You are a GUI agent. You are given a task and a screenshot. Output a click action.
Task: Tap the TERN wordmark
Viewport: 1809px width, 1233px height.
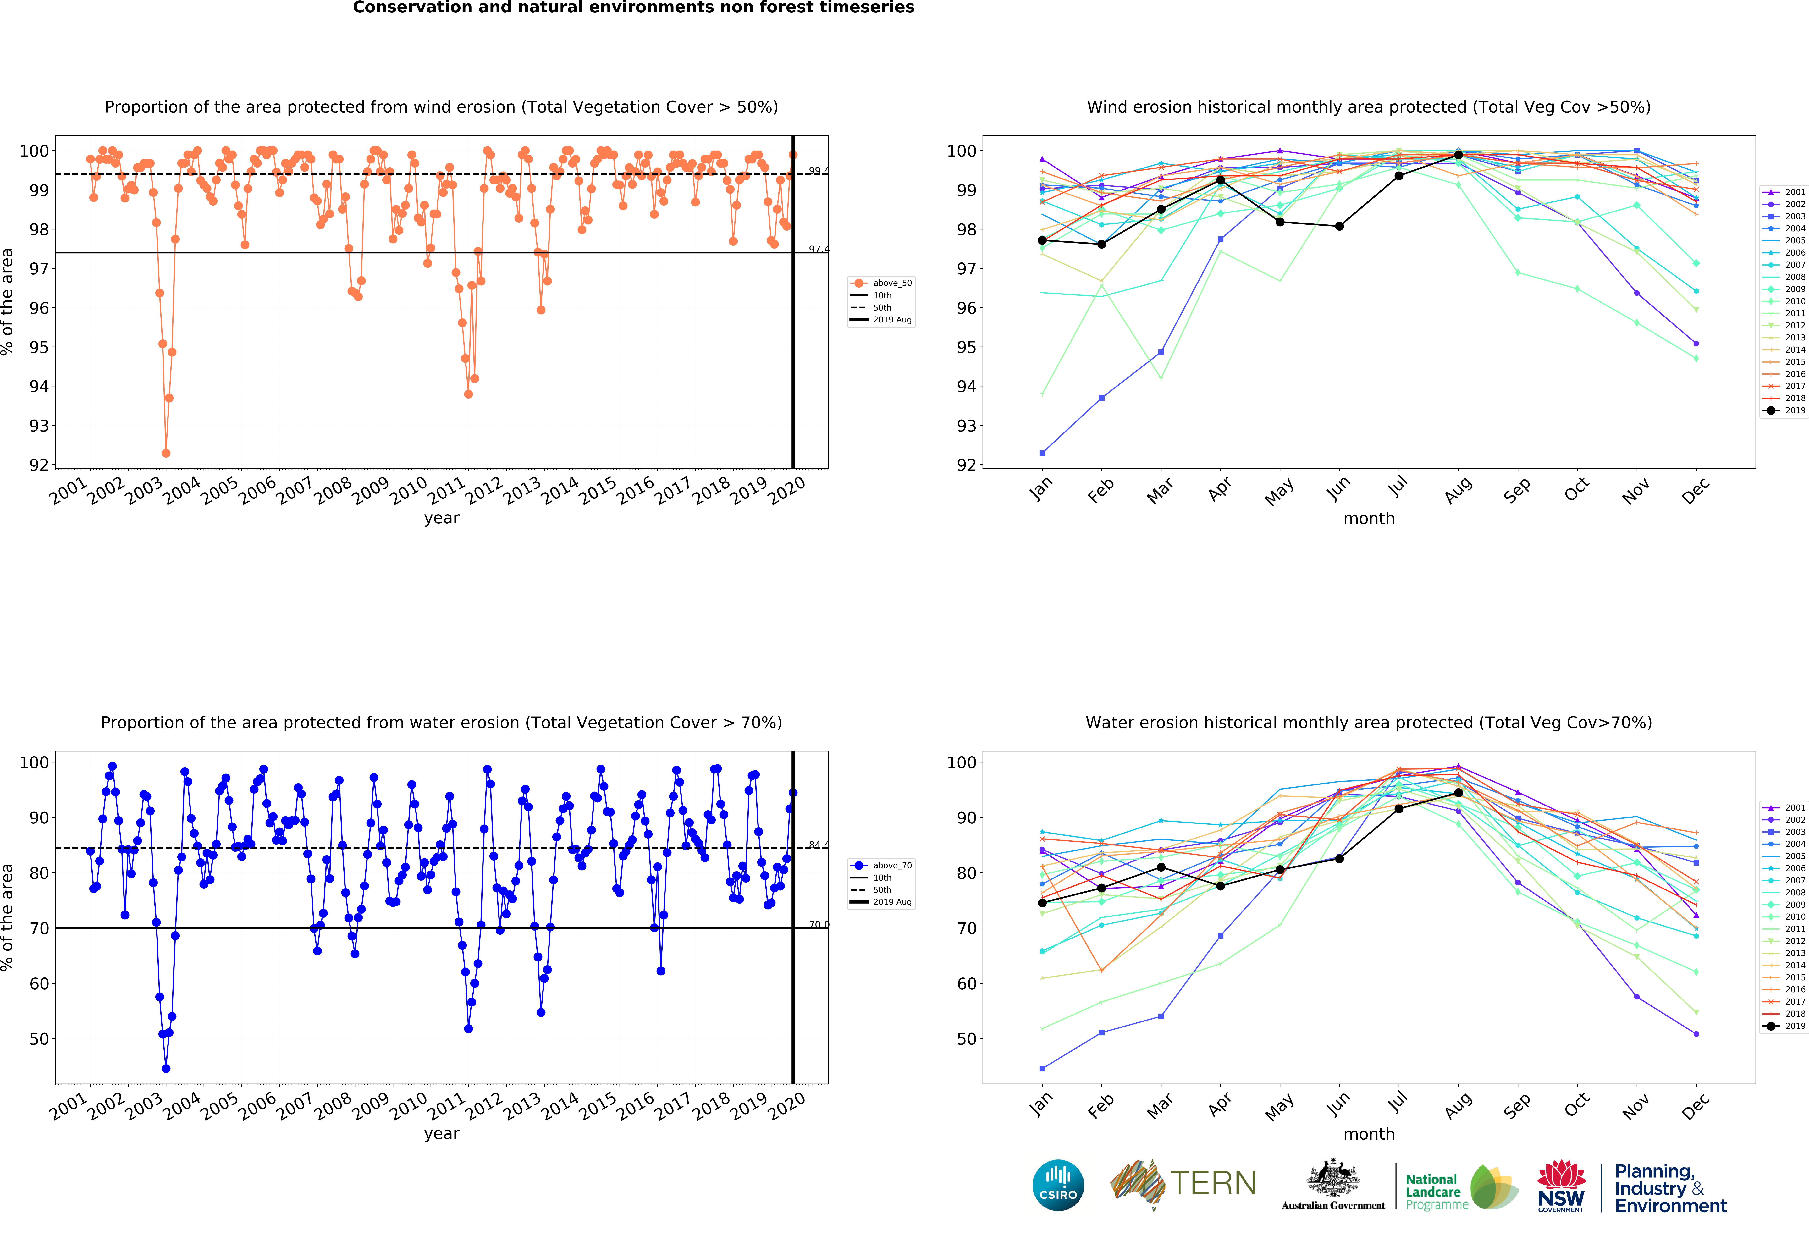[1213, 1183]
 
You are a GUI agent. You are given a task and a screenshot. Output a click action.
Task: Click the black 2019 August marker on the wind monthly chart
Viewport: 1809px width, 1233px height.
[1458, 155]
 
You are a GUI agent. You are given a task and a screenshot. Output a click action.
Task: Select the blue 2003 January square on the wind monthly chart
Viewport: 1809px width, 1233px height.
[1042, 453]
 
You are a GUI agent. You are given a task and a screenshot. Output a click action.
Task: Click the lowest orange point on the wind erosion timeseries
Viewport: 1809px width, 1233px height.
[166, 453]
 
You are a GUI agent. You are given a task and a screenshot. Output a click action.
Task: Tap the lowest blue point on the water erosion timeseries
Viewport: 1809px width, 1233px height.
[166, 1069]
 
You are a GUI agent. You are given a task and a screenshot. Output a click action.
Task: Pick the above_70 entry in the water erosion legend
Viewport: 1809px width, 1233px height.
[882, 866]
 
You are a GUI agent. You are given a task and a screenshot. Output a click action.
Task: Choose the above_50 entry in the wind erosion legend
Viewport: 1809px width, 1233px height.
[882, 283]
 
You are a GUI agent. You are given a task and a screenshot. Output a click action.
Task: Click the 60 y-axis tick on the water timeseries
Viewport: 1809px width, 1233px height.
[38, 983]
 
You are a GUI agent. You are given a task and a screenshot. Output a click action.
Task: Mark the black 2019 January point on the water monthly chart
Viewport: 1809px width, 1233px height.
[1042, 903]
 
